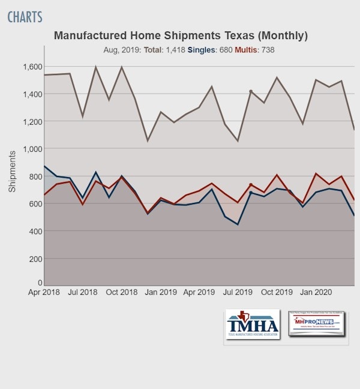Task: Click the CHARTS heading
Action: pyautogui.click(x=25, y=16)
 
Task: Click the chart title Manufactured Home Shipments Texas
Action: pyautogui.click(x=180, y=35)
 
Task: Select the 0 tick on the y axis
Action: pyautogui.click(x=40, y=282)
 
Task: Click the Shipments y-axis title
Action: pyautogui.click(x=12, y=171)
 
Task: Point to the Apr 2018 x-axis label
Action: pyautogui.click(x=45, y=292)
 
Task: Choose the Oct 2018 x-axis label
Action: pyautogui.click(x=121, y=292)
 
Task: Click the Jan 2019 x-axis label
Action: pyautogui.click(x=160, y=292)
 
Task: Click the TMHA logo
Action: pyautogui.click(x=253, y=324)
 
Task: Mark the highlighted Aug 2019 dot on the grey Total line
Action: pyautogui.click(x=251, y=91)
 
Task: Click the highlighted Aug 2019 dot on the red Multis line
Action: pyautogui.click(x=251, y=185)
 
